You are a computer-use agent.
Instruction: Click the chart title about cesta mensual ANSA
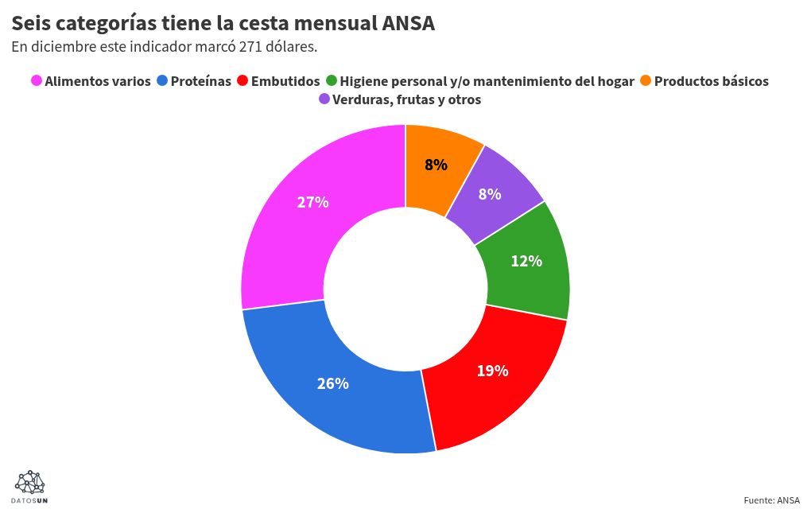coord(223,23)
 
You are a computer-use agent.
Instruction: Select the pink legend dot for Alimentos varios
coord(36,81)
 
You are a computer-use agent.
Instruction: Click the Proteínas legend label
coord(200,81)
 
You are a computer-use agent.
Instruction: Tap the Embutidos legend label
coord(285,81)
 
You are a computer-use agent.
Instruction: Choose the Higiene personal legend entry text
coord(487,81)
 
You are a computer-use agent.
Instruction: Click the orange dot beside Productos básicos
coord(646,81)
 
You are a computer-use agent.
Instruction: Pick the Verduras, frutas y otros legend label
coord(406,100)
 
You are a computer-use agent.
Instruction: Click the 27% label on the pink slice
coord(312,202)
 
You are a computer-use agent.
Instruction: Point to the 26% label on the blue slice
coord(332,383)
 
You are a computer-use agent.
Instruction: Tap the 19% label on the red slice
coord(492,371)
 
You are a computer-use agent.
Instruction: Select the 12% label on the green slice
coord(526,261)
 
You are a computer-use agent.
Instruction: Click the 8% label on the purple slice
coord(489,193)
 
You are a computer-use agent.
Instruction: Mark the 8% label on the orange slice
coord(436,165)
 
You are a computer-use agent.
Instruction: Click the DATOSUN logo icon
coord(30,483)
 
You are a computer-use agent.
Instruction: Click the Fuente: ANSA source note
coord(771,500)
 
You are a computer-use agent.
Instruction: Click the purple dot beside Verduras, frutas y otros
coord(324,100)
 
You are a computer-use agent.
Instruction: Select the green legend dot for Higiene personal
coord(332,81)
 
